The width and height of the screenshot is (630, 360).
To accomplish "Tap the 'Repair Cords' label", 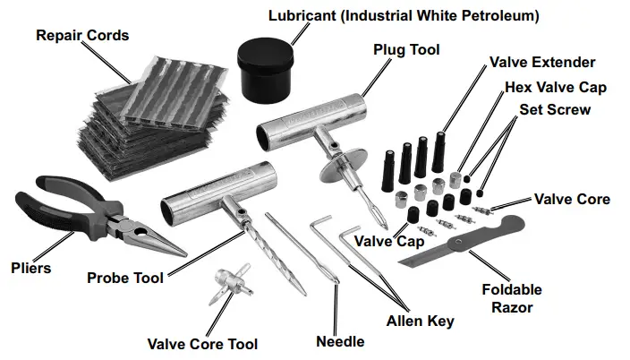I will [x=82, y=36].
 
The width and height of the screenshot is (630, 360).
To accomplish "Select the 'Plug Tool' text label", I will [x=406, y=50].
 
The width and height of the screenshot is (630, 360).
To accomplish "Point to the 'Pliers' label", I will [x=31, y=268].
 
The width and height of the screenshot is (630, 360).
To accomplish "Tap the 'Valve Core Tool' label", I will [x=202, y=344].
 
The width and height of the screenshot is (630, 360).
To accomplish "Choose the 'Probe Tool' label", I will [x=124, y=279].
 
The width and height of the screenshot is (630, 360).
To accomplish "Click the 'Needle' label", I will [x=340, y=341].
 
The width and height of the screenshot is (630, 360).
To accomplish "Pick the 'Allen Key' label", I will [x=421, y=321].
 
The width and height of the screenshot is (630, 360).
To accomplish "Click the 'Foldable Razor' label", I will [x=512, y=298].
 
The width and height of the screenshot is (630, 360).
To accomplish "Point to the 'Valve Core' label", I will [x=573, y=199].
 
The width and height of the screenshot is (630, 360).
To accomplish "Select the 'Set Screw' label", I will [x=555, y=109].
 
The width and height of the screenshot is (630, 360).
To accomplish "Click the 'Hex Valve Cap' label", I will [x=556, y=87].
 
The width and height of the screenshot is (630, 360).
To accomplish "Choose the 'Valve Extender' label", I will [x=542, y=63].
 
